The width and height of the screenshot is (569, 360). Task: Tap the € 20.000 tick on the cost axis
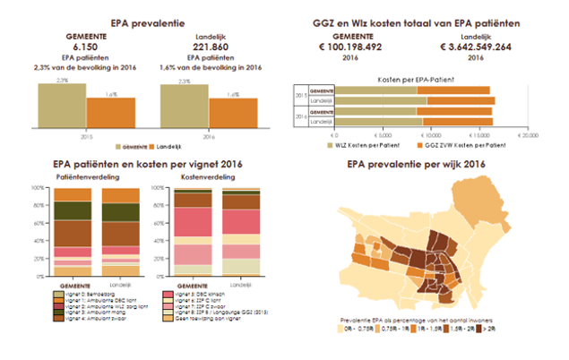tap(529, 133)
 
